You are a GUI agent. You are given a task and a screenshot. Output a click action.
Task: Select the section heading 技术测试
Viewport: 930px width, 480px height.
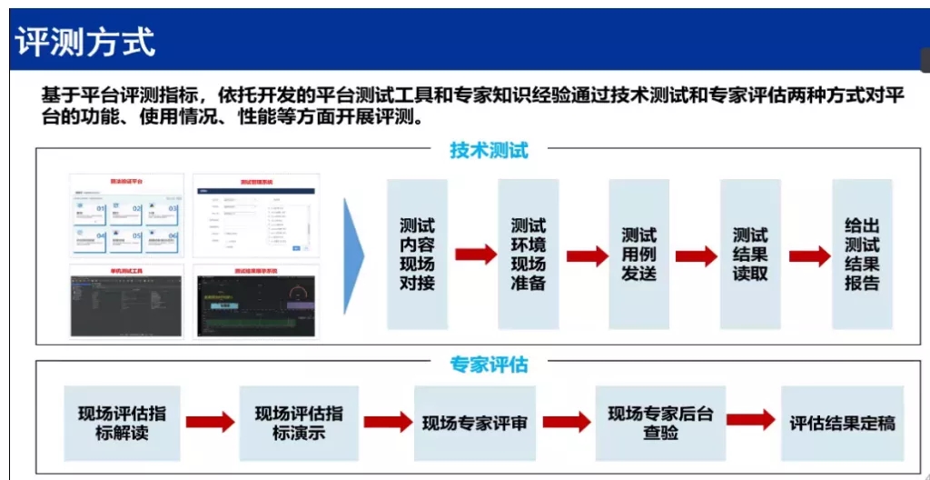(489, 151)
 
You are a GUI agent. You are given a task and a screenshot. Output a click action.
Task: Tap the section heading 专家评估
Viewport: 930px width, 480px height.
(489, 365)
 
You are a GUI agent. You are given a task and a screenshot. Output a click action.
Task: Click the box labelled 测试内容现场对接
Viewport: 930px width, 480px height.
(417, 254)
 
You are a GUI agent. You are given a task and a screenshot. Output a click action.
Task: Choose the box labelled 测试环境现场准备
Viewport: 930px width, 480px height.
(528, 254)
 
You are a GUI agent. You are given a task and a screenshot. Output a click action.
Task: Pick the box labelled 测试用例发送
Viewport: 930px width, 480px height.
(638, 254)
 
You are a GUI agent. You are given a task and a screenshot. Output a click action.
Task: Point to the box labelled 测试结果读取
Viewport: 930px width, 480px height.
(750, 254)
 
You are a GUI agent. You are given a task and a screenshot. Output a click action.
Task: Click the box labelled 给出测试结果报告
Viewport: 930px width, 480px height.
(862, 254)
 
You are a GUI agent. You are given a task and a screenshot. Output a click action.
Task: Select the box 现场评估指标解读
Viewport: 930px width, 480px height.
(122, 423)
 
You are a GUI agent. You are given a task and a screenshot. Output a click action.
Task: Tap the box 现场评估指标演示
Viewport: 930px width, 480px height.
(299, 423)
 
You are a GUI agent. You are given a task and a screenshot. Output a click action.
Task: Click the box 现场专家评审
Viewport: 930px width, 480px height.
(474, 423)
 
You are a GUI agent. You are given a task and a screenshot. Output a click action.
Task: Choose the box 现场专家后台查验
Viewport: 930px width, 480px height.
(660, 423)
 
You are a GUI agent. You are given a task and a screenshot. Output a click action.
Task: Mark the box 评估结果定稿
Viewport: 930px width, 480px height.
(842, 423)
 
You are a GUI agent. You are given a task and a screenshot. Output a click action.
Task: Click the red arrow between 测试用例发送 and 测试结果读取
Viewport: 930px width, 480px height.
(696, 255)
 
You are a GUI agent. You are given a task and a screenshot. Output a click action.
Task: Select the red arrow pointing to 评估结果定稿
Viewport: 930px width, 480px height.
(750, 420)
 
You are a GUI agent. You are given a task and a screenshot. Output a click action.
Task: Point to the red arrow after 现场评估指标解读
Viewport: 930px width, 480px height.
(210, 422)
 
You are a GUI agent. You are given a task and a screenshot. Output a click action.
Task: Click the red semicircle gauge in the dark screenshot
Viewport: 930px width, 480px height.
(296, 297)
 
